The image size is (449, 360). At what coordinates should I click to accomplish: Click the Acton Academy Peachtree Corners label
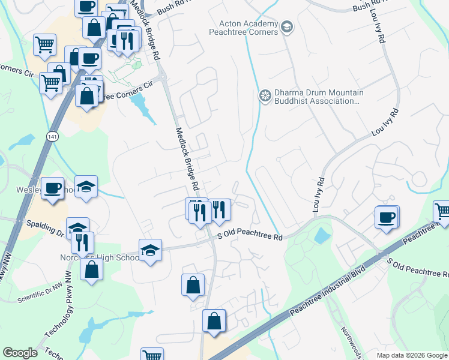[x=248, y=28]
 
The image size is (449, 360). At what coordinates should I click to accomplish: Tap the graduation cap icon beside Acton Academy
[x=287, y=26]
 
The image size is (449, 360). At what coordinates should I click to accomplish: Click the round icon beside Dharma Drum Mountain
[x=264, y=96]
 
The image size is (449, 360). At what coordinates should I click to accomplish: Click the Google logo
[x=20, y=352]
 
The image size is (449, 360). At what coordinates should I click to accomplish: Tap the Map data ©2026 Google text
[x=412, y=355]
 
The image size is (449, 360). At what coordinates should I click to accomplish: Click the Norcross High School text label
[x=99, y=257]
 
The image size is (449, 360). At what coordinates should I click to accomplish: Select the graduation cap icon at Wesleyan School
[x=86, y=186]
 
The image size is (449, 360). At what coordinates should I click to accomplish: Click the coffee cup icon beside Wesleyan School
[x=52, y=187]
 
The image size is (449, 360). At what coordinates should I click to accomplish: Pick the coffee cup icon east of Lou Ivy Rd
[x=386, y=216]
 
